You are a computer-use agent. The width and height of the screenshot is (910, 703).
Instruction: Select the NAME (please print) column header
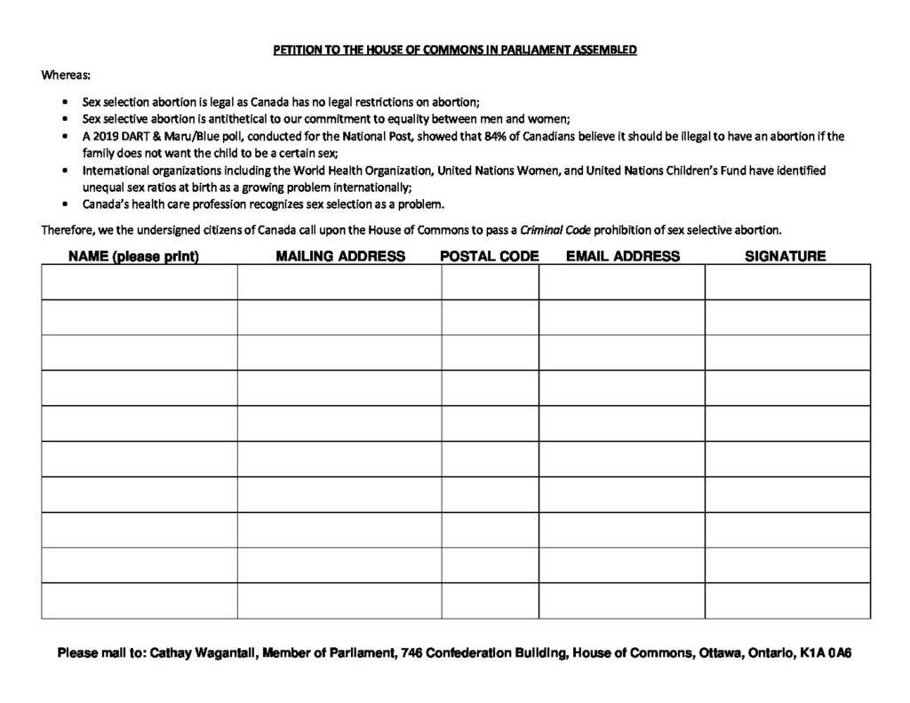tap(133, 257)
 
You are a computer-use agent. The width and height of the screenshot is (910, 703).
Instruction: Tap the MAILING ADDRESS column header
tap(340, 257)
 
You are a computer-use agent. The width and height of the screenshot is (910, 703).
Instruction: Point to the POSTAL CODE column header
tap(490, 257)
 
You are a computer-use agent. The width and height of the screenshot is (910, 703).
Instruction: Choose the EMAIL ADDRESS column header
tap(623, 257)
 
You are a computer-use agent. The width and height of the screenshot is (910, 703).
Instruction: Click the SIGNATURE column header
tap(785, 257)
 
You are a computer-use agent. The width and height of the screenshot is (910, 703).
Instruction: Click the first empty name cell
tap(139, 282)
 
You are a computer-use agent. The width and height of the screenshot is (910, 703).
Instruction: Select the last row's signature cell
tap(787, 601)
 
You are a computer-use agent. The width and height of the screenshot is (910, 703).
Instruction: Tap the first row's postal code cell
tap(490, 282)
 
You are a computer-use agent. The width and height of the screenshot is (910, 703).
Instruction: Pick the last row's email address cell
tap(621, 601)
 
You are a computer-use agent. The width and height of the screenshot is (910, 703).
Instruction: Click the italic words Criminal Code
tap(561, 230)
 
